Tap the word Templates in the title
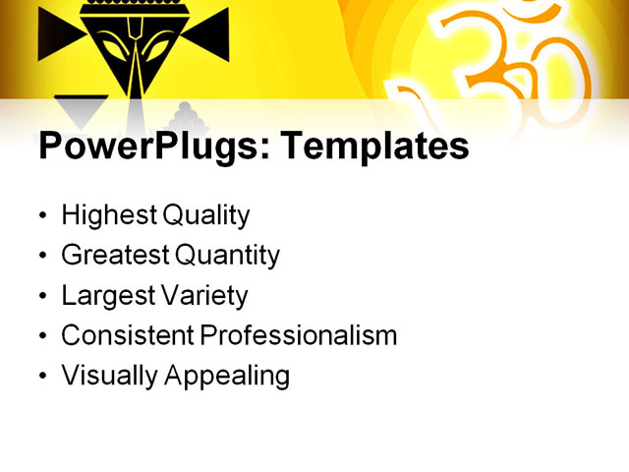[374, 147]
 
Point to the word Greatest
[115, 256]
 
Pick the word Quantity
[228, 256]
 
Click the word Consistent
[128, 335]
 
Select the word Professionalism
[299, 335]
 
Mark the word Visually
[106, 376]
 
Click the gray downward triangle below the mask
[81, 108]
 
